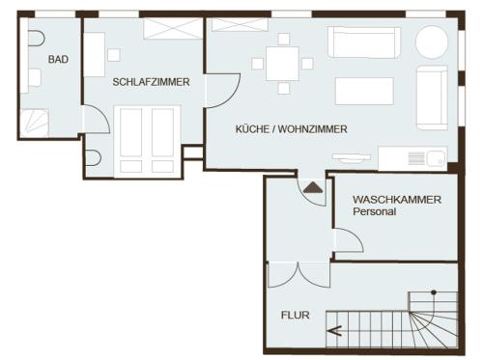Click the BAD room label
click(x=58, y=59)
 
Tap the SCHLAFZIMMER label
click(x=151, y=82)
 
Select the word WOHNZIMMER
click(x=312, y=129)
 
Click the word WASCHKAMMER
click(x=397, y=200)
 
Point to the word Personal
click(x=374, y=211)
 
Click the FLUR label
click(x=296, y=315)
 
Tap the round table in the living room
click(x=432, y=42)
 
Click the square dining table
click(x=282, y=64)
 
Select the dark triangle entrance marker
click(x=313, y=188)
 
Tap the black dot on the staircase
click(x=434, y=292)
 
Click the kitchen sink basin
click(x=436, y=158)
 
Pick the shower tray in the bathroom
click(x=35, y=124)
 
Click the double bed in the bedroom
click(x=147, y=142)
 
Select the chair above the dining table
click(x=284, y=39)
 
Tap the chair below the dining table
click(x=284, y=88)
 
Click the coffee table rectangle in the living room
click(x=364, y=91)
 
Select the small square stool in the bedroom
click(x=114, y=55)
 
